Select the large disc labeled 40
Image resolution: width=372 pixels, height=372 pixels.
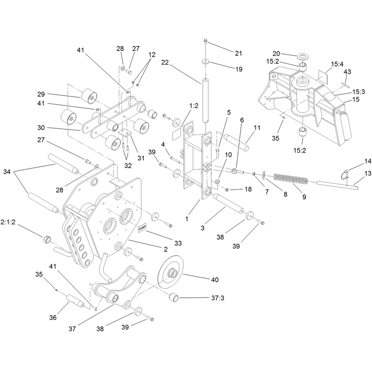point(170,272)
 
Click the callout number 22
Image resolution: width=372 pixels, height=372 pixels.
point(165,62)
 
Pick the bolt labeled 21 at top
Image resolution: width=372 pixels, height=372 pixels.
point(206,42)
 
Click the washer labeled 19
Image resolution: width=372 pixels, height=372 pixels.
point(206,62)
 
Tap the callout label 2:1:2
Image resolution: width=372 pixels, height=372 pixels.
point(8,222)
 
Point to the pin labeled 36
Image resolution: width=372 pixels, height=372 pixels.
point(75,301)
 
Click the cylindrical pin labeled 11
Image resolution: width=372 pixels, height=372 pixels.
point(237,141)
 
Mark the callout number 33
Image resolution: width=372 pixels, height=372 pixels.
point(178,243)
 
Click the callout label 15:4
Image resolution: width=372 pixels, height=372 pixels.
point(337,64)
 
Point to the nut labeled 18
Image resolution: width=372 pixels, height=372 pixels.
point(227,190)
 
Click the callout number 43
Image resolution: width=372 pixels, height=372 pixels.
point(347,72)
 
